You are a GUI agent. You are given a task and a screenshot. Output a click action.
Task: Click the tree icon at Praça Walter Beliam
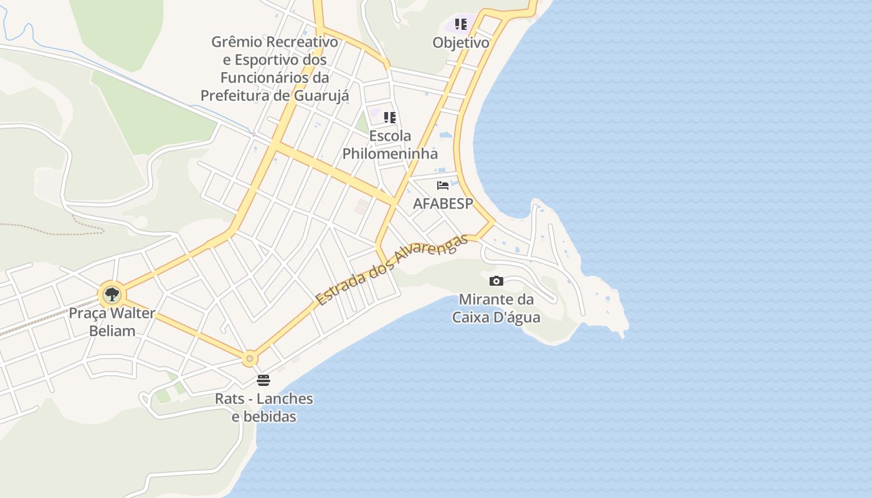coord(112,294)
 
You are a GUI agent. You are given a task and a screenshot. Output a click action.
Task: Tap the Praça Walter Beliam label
coord(112,322)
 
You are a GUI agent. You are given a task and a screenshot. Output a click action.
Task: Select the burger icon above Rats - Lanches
coord(263,380)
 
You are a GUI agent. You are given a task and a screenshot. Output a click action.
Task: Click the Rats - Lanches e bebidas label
coord(264,407)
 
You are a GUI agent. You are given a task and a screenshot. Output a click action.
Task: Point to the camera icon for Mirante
coord(496,281)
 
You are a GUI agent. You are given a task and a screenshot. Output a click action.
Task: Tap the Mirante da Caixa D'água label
coord(496,308)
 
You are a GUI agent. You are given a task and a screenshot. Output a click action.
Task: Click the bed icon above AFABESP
coord(443,186)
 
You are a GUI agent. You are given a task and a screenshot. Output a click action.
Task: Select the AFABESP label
coord(443,204)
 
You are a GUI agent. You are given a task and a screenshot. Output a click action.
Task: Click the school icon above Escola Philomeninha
coord(390,118)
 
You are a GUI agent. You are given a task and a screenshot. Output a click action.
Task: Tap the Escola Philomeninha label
coord(390,144)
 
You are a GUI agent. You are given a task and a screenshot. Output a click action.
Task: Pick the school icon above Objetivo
coord(461,24)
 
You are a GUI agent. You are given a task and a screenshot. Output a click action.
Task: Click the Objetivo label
coord(461,43)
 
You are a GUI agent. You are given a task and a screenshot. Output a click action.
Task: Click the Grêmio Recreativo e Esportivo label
coord(275,68)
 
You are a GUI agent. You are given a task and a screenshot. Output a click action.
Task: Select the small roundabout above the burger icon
coord(250,358)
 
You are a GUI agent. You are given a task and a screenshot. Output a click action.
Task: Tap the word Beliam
coord(112,331)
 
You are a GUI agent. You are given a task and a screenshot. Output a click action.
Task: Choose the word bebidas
coord(264,416)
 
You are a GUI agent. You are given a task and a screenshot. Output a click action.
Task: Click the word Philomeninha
coord(390,154)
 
